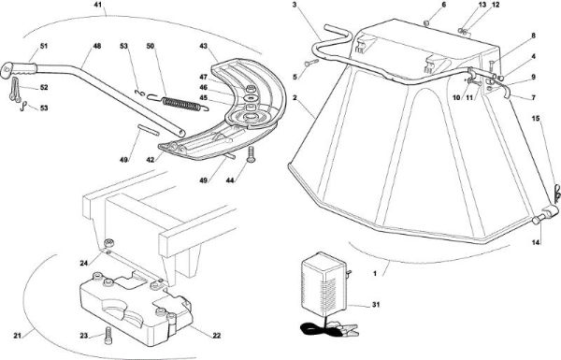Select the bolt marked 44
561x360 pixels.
tap(251, 154)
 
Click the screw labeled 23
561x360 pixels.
tap(108, 336)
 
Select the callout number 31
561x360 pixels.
tap(376, 305)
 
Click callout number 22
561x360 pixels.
tap(217, 336)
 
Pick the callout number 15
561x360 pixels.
tap(535, 119)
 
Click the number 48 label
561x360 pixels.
tap(96, 46)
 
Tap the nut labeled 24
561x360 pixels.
tap(108, 243)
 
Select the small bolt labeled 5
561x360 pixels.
tap(311, 64)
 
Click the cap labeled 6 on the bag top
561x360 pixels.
tap(426, 23)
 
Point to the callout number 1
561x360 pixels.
tap(375, 273)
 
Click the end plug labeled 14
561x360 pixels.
tap(537, 220)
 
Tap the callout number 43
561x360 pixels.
tap(203, 46)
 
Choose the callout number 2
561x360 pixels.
tap(295, 97)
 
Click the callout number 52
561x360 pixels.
tap(44, 87)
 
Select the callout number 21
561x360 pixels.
tap(18, 336)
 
